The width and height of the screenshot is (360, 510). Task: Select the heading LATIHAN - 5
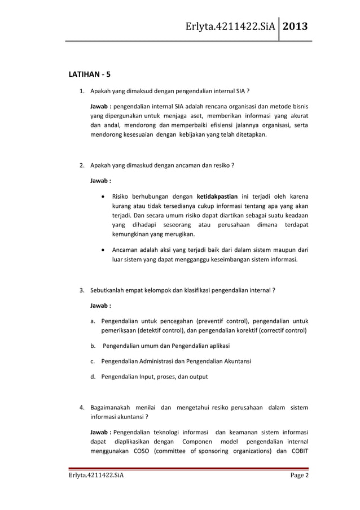click(89, 74)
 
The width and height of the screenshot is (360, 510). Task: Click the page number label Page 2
click(299, 480)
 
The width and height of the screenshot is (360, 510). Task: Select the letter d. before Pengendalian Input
click(93, 376)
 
